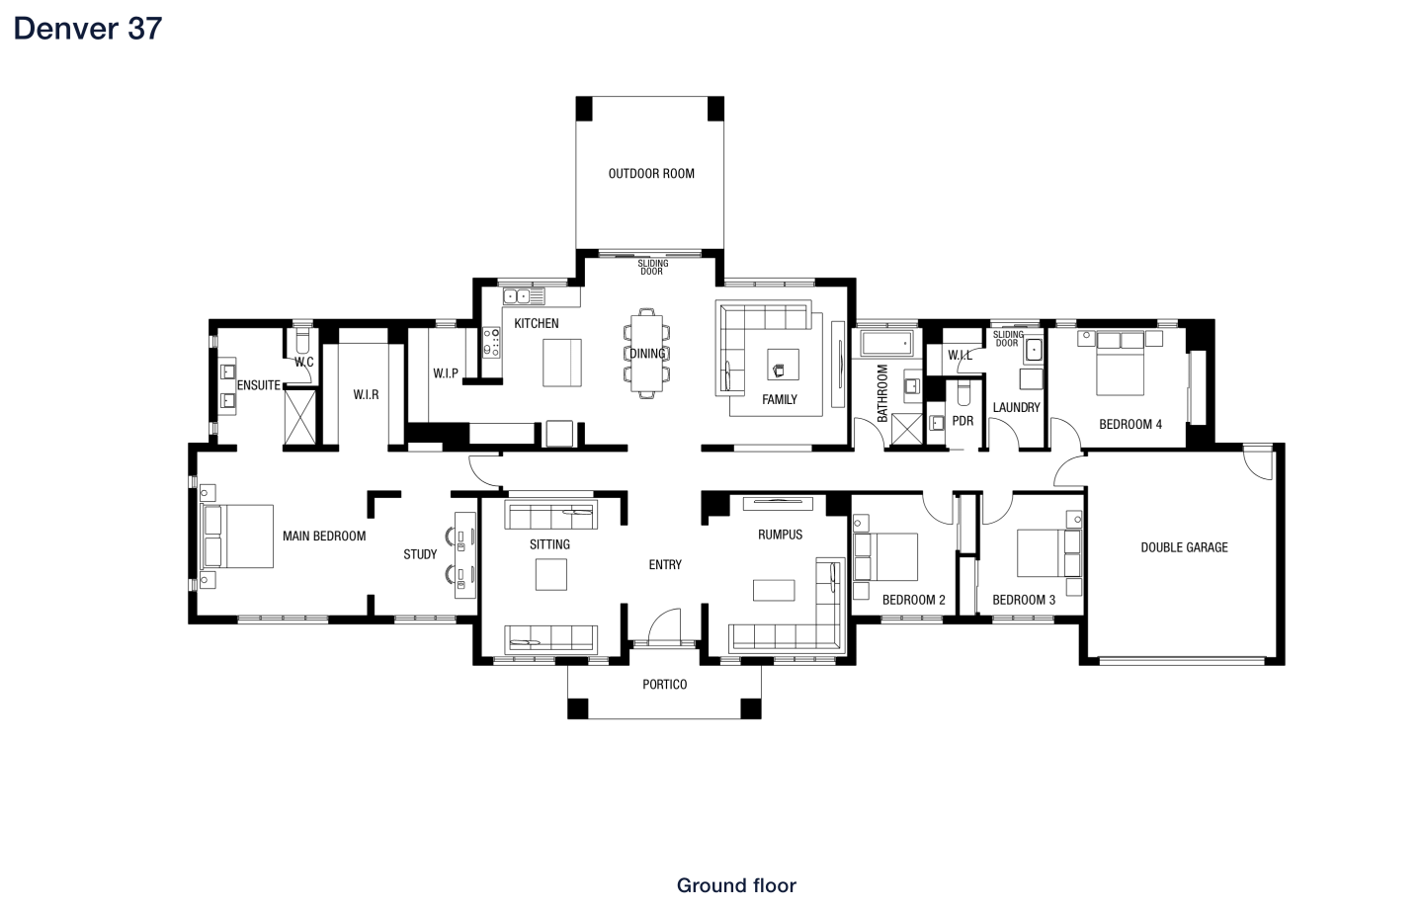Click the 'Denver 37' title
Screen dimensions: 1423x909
click(88, 29)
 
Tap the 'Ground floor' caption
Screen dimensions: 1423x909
click(735, 885)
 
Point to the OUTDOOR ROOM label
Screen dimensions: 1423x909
click(651, 174)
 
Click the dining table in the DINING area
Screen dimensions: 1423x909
click(646, 353)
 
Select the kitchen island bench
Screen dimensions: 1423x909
click(561, 363)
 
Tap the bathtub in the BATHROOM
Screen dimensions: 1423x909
click(886, 343)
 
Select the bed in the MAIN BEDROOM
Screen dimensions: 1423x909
click(237, 537)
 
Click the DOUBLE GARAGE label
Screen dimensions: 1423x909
click(1184, 547)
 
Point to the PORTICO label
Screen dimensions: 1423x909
click(664, 684)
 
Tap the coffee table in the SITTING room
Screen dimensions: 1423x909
click(550, 574)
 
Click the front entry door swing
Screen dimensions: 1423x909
click(664, 625)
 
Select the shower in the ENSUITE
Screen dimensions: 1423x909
click(299, 417)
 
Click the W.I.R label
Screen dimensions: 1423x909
click(366, 395)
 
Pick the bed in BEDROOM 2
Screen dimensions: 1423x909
click(885, 556)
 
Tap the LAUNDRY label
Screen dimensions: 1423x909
click(1017, 407)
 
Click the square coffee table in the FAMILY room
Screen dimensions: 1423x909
click(783, 364)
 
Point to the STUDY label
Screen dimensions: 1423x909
click(420, 554)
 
